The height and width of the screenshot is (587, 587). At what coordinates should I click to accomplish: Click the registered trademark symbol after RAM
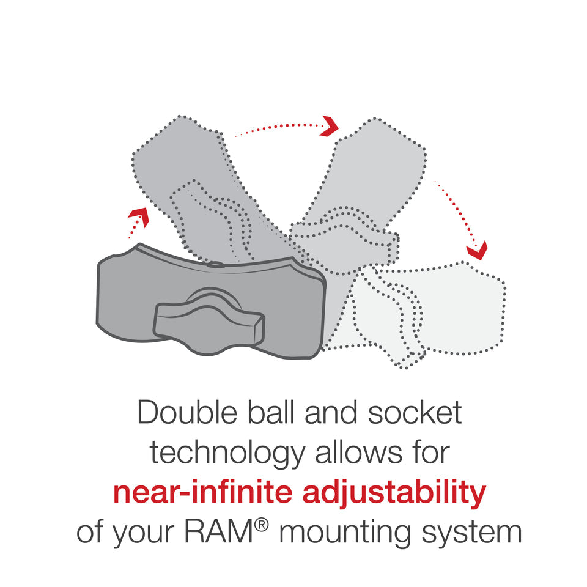tap(262, 525)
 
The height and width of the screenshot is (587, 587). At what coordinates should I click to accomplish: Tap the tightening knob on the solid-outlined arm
tap(208, 320)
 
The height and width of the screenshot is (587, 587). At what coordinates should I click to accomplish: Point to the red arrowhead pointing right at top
tap(330, 126)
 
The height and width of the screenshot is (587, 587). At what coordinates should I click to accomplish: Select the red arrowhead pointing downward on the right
tap(476, 249)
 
